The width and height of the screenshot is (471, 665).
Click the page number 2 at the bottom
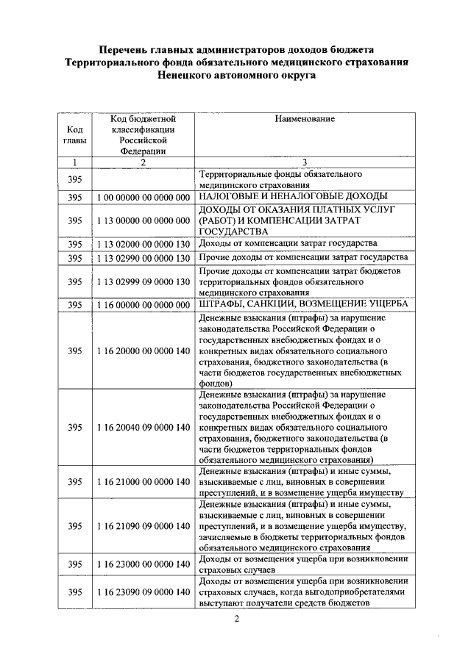click(236, 618)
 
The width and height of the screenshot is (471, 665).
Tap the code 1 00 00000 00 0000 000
click(144, 198)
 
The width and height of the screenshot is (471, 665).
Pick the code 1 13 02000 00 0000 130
click(144, 244)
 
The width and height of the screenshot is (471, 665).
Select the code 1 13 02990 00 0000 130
click(144, 259)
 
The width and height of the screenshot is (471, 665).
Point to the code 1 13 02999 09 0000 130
click(144, 282)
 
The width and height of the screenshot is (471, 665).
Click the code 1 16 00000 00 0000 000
click(144, 305)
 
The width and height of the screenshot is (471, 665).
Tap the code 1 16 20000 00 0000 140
click(144, 351)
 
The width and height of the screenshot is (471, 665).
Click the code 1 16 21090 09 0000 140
click(144, 526)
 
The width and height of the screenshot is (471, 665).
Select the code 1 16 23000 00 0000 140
click(144, 564)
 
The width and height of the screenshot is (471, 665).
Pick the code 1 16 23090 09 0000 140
click(144, 592)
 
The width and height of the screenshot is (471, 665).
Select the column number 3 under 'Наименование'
click(305, 162)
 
